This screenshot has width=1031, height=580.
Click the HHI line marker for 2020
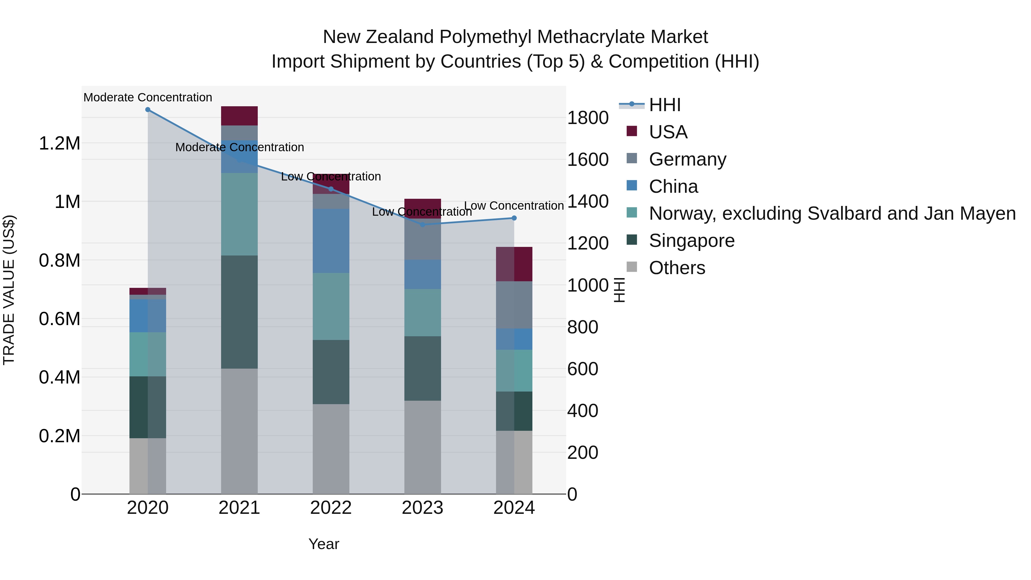tap(148, 110)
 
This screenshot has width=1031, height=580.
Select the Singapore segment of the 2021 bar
tap(239, 312)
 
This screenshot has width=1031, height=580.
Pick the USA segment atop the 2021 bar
tap(239, 116)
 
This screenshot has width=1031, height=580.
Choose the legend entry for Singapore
tap(691, 241)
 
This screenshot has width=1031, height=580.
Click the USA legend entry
tap(668, 132)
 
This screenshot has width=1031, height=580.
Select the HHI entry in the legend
tap(664, 105)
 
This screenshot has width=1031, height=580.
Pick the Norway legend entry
tap(832, 213)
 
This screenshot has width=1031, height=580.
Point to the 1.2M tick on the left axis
tap(59, 143)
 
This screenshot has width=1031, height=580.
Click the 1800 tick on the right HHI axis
tap(588, 118)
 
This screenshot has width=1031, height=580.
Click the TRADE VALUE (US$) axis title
tap(9, 290)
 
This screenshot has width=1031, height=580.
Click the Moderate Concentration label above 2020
tap(148, 97)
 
